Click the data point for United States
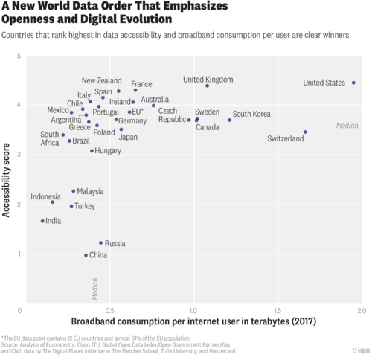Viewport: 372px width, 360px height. [x=353, y=83]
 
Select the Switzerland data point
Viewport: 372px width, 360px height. [x=305, y=132]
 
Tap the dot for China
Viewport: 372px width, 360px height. [x=86, y=255]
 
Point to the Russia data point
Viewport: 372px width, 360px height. [x=100, y=242]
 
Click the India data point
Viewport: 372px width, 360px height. [x=42, y=221]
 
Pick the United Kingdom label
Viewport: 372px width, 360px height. [x=208, y=79]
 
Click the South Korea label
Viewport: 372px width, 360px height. [x=251, y=114]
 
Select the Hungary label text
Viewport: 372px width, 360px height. [x=108, y=150]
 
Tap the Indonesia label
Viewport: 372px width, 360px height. [x=45, y=197]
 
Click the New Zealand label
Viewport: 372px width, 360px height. [x=101, y=80]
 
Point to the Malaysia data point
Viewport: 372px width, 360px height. [x=73, y=190]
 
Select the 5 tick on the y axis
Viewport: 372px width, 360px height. [x=18, y=57]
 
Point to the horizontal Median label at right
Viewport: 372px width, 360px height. [x=347, y=125]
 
